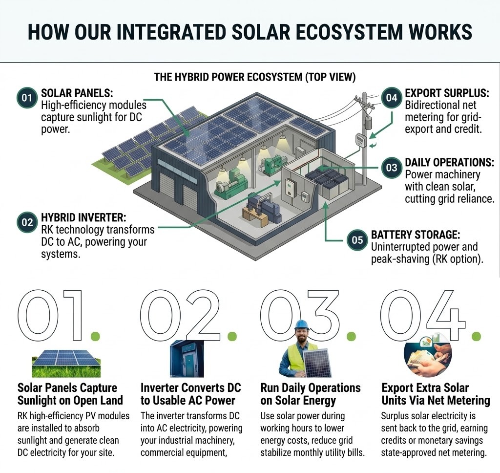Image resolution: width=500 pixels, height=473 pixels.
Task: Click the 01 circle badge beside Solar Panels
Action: coord(27,98)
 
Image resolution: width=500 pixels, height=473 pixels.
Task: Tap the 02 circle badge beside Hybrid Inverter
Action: coord(27,222)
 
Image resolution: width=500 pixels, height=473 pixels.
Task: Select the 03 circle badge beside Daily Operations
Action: coord(392,167)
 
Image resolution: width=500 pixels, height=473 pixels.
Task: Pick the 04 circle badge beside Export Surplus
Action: coord(392,98)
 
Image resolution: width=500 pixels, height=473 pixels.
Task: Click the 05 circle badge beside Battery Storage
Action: coord(357,240)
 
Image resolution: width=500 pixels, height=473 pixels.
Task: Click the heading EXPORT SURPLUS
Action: coord(447,93)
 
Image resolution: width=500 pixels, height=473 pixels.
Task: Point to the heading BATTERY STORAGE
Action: coord(415,235)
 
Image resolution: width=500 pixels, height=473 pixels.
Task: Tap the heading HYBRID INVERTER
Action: coord(83,217)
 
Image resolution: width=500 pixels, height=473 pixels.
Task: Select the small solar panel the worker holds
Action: coord(317,363)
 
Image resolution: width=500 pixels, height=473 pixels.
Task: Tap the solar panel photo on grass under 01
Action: coord(66,363)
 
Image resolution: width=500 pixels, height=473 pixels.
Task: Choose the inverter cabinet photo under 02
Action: coord(187,359)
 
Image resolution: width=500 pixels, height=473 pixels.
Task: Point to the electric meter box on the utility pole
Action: coord(361,140)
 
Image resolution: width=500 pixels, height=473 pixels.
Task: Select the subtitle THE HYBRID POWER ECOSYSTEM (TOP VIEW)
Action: coord(254,77)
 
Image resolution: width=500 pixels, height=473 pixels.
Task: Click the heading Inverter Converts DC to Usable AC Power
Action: coord(190,394)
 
